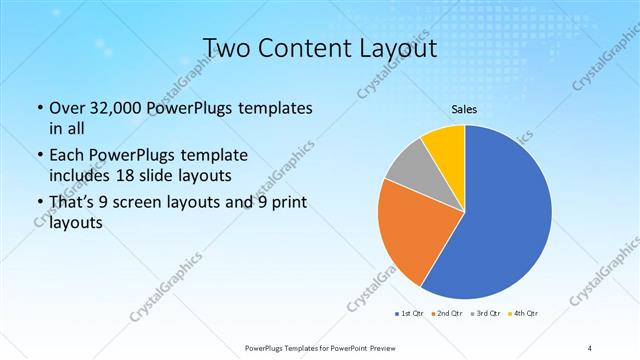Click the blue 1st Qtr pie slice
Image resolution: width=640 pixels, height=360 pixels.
pos(510,220)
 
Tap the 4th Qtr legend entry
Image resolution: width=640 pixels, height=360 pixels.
pos(524,313)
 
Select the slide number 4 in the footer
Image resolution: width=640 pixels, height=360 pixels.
pos(590,347)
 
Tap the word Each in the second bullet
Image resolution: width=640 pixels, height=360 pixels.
pos(66,156)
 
